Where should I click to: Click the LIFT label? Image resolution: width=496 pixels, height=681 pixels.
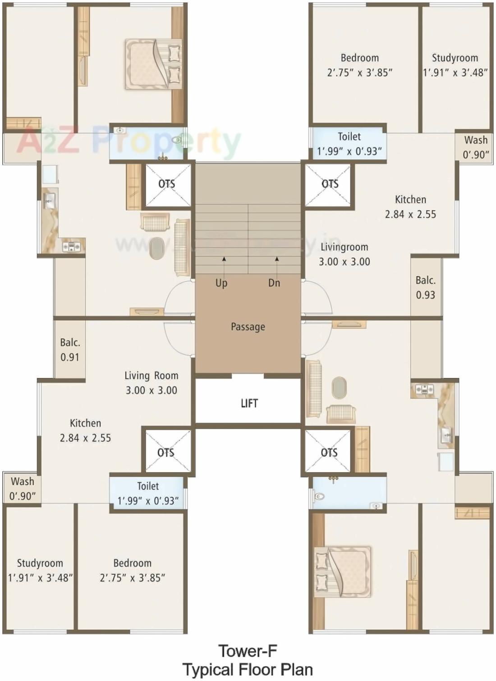249,403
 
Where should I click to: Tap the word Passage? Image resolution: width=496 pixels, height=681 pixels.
248,327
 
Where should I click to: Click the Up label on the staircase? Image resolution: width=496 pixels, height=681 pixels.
221,283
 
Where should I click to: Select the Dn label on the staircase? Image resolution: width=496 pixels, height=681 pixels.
274,283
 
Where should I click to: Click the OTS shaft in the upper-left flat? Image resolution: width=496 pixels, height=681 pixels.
167,184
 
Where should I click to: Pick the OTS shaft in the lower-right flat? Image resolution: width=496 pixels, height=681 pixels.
329,452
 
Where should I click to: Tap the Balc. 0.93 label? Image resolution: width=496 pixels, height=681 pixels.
426,287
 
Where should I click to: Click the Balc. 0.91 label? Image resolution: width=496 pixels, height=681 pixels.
70,350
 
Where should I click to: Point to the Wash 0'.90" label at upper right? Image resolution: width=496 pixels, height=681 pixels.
476,147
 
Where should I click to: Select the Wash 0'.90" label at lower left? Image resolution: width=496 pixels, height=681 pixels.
23,488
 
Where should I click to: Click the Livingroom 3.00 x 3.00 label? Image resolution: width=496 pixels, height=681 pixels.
344,254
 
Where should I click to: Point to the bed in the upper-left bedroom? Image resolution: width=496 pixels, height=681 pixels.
153,64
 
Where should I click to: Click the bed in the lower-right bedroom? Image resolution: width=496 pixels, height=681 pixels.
343,571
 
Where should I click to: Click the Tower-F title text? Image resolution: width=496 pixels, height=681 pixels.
248,651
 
